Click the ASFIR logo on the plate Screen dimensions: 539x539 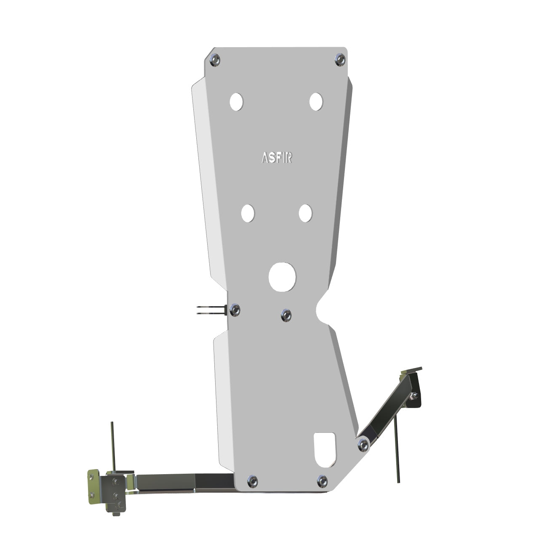pyautogui.click(x=277, y=157)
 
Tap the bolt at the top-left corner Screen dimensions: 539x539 pyautogui.click(x=215, y=60)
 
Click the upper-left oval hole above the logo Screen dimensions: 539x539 pyautogui.click(x=237, y=101)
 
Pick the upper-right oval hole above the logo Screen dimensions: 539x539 pyautogui.click(x=316, y=101)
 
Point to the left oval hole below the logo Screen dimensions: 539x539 pyautogui.click(x=248, y=213)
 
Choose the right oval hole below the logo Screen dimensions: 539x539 pyautogui.click(x=305, y=213)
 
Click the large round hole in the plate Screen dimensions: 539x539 pyautogui.click(x=283, y=277)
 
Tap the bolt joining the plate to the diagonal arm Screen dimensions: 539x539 pyautogui.click(x=363, y=444)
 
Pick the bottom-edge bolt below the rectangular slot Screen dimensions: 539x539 pyautogui.click(x=322, y=480)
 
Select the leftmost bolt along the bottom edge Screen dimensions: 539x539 pyautogui.click(x=253, y=481)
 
